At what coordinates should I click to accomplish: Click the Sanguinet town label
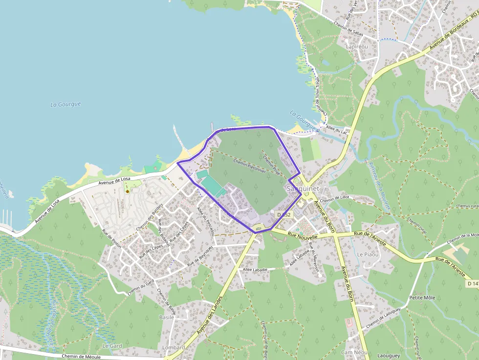[x=303, y=189]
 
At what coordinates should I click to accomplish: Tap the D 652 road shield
[x=283, y=214]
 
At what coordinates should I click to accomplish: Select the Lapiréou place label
[x=356, y=46]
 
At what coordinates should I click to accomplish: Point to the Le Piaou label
[x=368, y=254]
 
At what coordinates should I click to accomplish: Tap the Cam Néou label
[x=354, y=352]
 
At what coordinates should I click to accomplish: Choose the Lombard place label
[x=174, y=347]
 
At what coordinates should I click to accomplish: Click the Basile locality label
[x=166, y=317]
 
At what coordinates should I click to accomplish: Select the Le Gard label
[x=112, y=346]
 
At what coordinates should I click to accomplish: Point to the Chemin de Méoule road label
[x=81, y=357]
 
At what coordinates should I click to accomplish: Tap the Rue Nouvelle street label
[x=303, y=236]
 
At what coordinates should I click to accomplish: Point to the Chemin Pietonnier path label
[x=249, y=167]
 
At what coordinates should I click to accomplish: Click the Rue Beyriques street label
[x=199, y=256]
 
